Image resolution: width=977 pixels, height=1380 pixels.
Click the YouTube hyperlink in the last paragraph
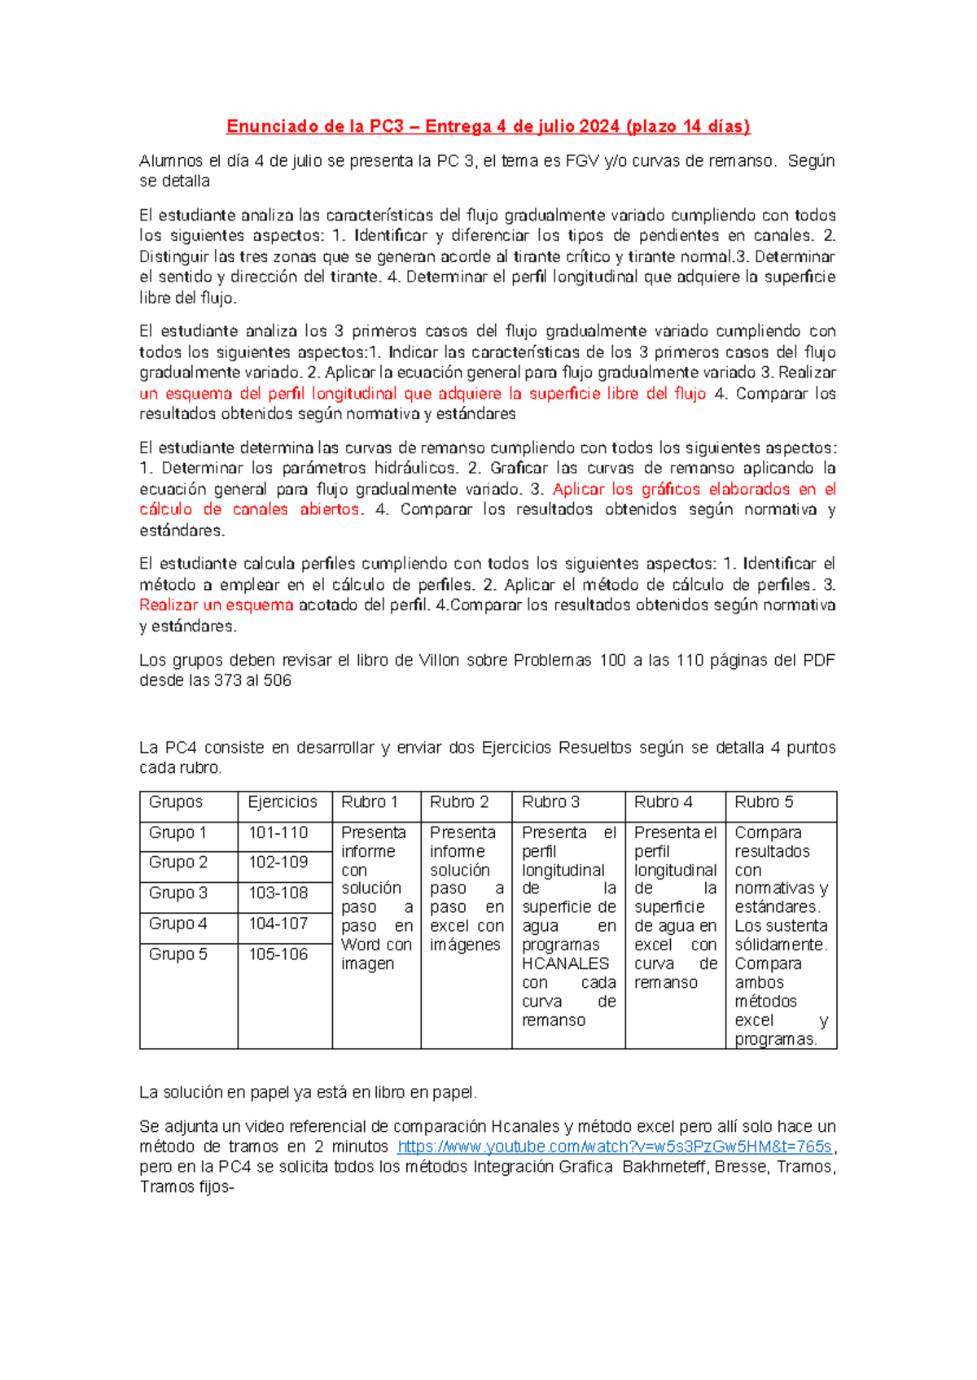click(x=615, y=1146)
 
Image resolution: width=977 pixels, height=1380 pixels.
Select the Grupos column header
click(x=175, y=802)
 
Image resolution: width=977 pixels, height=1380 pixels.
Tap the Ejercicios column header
click(x=283, y=802)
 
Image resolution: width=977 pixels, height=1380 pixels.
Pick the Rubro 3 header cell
click(x=550, y=802)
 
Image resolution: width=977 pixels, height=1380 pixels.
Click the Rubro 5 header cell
click(x=763, y=802)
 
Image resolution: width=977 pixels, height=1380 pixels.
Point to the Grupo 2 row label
click(x=177, y=862)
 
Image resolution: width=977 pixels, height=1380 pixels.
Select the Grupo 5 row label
click(x=177, y=954)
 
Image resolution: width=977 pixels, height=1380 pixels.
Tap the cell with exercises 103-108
click(x=278, y=893)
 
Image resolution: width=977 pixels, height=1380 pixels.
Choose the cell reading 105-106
click(x=278, y=954)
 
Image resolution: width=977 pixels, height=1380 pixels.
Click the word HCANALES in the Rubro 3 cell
click(x=565, y=964)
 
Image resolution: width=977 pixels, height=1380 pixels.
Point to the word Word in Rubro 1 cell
click(x=360, y=945)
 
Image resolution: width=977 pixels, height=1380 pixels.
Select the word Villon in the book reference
click(x=439, y=661)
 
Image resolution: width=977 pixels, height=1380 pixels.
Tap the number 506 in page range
click(x=277, y=681)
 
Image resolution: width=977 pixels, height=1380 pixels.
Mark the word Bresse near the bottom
click(x=741, y=1168)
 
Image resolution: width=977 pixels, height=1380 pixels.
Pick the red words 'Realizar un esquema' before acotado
click(x=216, y=605)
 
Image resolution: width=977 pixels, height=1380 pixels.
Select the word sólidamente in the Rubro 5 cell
click(x=780, y=945)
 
